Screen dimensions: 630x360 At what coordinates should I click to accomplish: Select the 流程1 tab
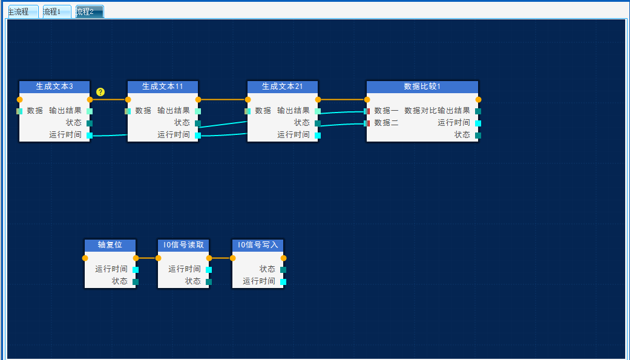point(57,11)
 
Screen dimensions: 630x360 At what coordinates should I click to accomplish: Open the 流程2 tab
point(90,11)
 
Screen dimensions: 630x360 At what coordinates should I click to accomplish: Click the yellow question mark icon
point(100,92)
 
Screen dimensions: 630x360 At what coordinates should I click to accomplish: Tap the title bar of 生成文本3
point(54,87)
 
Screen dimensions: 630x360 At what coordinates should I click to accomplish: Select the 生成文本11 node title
point(163,87)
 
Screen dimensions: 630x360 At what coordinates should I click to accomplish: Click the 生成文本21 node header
point(283,87)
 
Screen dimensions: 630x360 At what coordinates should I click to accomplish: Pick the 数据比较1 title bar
point(422,87)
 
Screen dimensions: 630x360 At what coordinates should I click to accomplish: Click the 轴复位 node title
point(110,245)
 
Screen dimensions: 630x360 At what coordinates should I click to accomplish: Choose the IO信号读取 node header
point(183,245)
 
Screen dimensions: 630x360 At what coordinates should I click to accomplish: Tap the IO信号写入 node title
point(258,245)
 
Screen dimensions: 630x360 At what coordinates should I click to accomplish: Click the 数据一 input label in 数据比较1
point(386,111)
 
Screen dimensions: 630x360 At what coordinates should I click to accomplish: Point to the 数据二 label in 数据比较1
point(386,123)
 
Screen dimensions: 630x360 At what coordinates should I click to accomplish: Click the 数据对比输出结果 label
point(437,111)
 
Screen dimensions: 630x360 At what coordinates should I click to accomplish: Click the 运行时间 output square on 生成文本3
point(90,136)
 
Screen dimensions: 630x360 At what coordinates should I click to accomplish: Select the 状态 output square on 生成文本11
point(198,123)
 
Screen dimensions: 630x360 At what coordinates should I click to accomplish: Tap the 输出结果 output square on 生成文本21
point(317,111)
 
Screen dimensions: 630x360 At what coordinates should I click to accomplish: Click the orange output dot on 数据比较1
point(478,100)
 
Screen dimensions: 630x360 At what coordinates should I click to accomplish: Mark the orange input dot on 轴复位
point(85,258)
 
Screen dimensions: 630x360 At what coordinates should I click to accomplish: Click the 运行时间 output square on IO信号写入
point(283,282)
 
